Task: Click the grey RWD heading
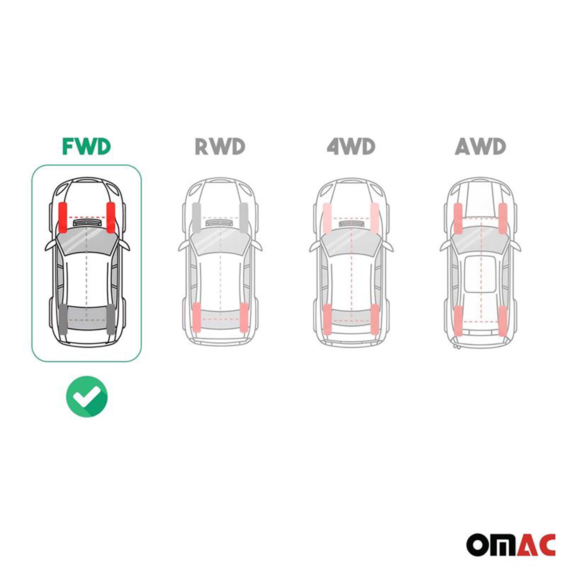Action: tap(220, 146)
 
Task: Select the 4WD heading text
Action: tap(351, 146)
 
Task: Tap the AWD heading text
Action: tap(480, 146)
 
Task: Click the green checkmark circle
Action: tap(87, 396)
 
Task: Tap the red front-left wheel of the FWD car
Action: tap(63, 217)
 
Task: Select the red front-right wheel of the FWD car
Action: tap(111, 217)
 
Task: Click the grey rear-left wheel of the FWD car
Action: tap(63, 319)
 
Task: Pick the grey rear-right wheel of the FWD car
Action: tap(111, 319)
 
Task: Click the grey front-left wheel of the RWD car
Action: tap(196, 217)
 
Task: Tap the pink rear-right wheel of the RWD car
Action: tap(244, 318)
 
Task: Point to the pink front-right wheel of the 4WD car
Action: tap(375, 217)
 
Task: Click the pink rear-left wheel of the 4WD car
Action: tap(327, 319)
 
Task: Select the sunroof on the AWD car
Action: tap(480, 274)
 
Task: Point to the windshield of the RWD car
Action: tap(220, 241)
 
